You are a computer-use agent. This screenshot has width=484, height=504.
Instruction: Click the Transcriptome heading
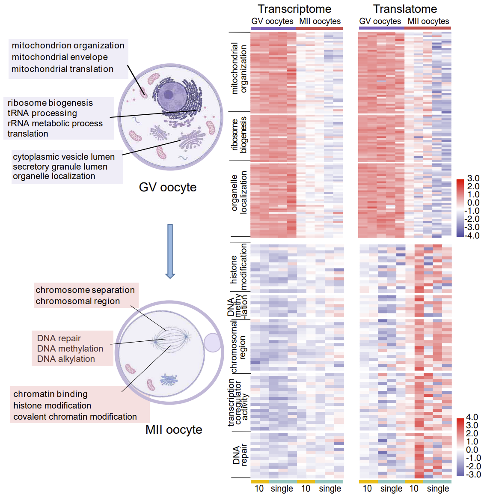coord(294,9)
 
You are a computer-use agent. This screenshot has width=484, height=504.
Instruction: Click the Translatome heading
coord(405,9)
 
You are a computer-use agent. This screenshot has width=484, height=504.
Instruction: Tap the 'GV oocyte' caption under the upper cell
coord(168,187)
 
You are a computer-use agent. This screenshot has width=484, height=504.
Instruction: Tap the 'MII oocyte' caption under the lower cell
coord(174,429)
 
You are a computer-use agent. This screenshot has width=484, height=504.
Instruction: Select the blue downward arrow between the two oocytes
coord(170,251)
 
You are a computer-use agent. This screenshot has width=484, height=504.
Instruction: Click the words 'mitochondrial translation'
coord(62,69)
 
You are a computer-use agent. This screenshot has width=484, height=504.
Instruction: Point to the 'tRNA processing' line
coord(42,113)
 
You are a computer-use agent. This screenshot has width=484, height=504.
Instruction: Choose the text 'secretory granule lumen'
coord(60,167)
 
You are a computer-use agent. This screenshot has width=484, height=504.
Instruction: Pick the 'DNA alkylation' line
coord(66,359)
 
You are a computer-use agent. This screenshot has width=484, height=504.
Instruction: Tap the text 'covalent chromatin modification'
coord(75,417)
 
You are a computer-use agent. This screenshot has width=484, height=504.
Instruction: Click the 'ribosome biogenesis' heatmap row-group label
coord(239,135)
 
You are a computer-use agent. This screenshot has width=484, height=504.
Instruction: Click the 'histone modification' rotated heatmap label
coord(239,267)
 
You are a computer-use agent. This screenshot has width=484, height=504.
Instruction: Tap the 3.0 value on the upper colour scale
coord(473,178)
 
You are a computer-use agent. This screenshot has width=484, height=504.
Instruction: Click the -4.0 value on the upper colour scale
coord(472,236)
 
